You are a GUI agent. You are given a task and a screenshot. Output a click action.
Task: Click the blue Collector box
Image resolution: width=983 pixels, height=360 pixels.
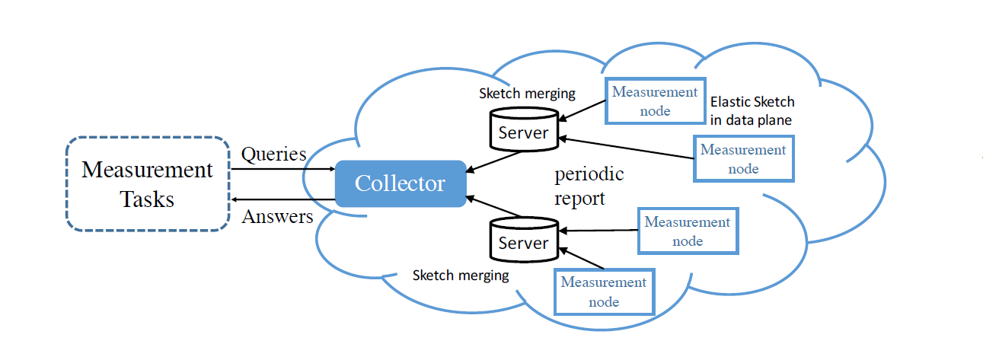pos(400,183)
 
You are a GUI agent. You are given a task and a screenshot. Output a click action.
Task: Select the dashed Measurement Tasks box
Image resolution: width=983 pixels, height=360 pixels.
pos(147,183)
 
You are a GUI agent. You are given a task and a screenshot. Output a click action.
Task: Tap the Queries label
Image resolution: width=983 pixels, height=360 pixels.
pos(273,155)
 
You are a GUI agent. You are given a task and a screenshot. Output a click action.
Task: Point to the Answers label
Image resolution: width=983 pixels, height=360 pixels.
pos(277,217)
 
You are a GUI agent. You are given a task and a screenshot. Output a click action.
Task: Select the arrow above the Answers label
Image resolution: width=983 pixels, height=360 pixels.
pos(282,200)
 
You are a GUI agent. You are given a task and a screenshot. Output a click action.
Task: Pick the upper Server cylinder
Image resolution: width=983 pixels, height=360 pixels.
pos(522,128)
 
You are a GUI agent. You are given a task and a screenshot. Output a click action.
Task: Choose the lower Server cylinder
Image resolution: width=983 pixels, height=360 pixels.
pos(522,238)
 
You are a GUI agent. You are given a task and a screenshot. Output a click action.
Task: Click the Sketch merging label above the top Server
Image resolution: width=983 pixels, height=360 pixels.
pos(527,94)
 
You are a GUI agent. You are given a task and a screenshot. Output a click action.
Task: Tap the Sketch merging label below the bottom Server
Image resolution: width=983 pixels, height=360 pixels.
pos(461,276)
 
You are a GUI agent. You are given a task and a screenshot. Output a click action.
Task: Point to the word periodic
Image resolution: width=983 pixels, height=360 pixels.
pos(589,174)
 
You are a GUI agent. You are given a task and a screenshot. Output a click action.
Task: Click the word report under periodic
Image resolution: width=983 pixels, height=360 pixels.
pos(580,199)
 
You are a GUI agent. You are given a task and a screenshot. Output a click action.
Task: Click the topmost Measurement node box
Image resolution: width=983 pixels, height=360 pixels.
pos(655,100)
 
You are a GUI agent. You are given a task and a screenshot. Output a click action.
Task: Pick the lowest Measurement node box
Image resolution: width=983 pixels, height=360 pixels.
pos(603,292)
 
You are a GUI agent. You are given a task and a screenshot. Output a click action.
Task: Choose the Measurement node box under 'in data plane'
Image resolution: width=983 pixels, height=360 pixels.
pos(743,158)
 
